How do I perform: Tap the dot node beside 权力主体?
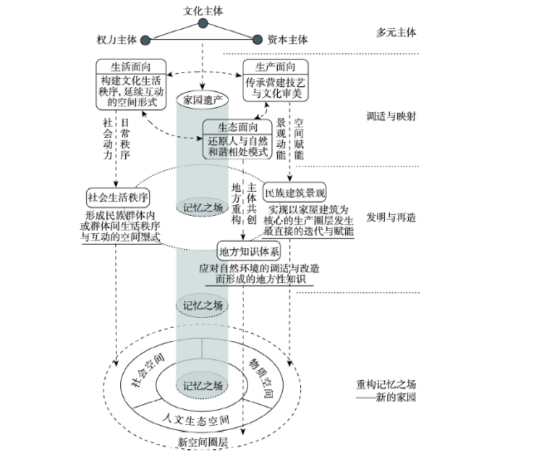146,41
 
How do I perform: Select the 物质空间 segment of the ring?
259,378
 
